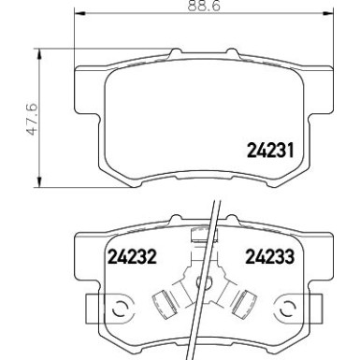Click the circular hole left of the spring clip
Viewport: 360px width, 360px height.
point(120,308)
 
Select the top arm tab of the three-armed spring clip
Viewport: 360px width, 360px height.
point(197,238)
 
